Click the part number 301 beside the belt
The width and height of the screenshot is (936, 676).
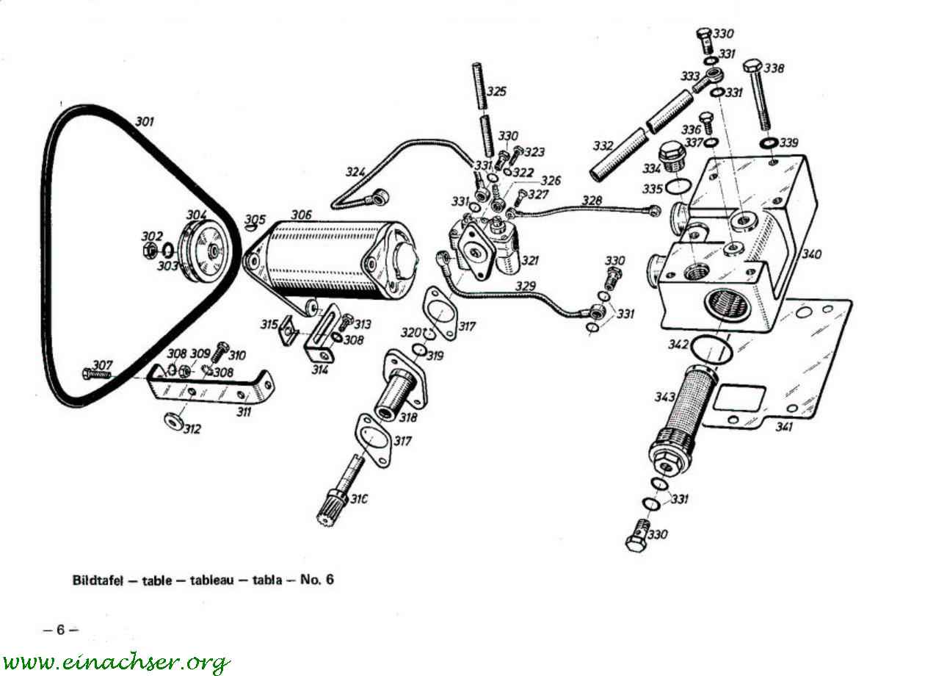point(145,121)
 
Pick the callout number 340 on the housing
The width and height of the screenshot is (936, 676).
point(811,254)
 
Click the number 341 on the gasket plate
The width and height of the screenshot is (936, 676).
point(783,427)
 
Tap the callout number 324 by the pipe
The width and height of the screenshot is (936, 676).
point(356,172)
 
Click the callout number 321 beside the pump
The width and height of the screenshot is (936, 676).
point(530,261)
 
